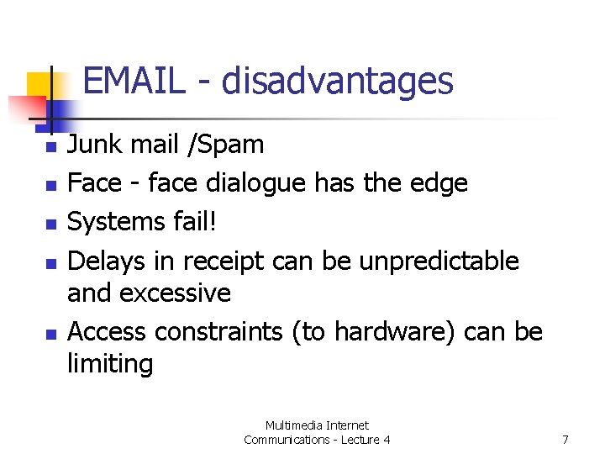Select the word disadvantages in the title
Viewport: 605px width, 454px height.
click(x=338, y=82)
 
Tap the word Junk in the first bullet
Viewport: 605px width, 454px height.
click(x=92, y=145)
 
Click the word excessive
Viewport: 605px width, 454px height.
click(x=176, y=293)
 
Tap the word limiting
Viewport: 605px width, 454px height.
click(x=110, y=364)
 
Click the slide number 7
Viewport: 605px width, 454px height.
click(x=566, y=440)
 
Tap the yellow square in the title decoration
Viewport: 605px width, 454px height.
click(x=41, y=85)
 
